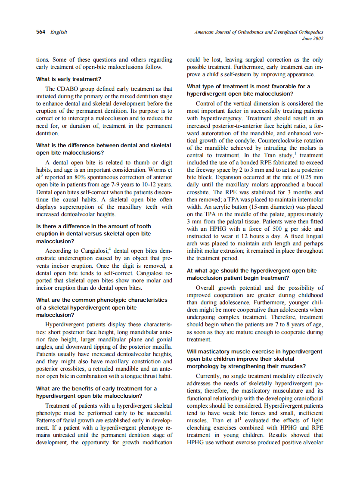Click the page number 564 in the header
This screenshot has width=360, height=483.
(x=41, y=32)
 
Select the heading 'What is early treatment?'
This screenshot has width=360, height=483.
(x=68, y=79)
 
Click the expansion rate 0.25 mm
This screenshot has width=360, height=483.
(x=312, y=177)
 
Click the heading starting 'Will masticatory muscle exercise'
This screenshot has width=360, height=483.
(x=254, y=352)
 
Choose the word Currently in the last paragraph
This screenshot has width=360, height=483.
(x=209, y=376)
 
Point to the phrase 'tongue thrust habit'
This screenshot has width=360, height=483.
(x=144, y=376)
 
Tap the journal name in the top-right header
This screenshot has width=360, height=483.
(x=259, y=32)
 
